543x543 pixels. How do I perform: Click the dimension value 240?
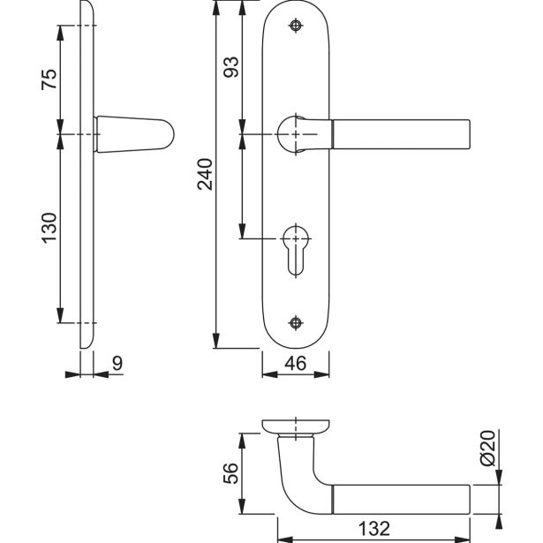click(x=205, y=174)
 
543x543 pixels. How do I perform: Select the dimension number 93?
click(x=231, y=67)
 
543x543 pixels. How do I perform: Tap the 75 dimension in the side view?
click(x=49, y=79)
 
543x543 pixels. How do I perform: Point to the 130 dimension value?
click(x=49, y=228)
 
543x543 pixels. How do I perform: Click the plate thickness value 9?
click(x=117, y=363)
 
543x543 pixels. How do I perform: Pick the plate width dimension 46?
click(x=296, y=363)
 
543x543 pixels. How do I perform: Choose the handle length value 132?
click(x=374, y=529)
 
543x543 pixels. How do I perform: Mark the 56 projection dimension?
click(x=231, y=473)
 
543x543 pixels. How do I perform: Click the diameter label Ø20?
click(x=488, y=449)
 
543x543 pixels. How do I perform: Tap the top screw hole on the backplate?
click(x=296, y=26)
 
